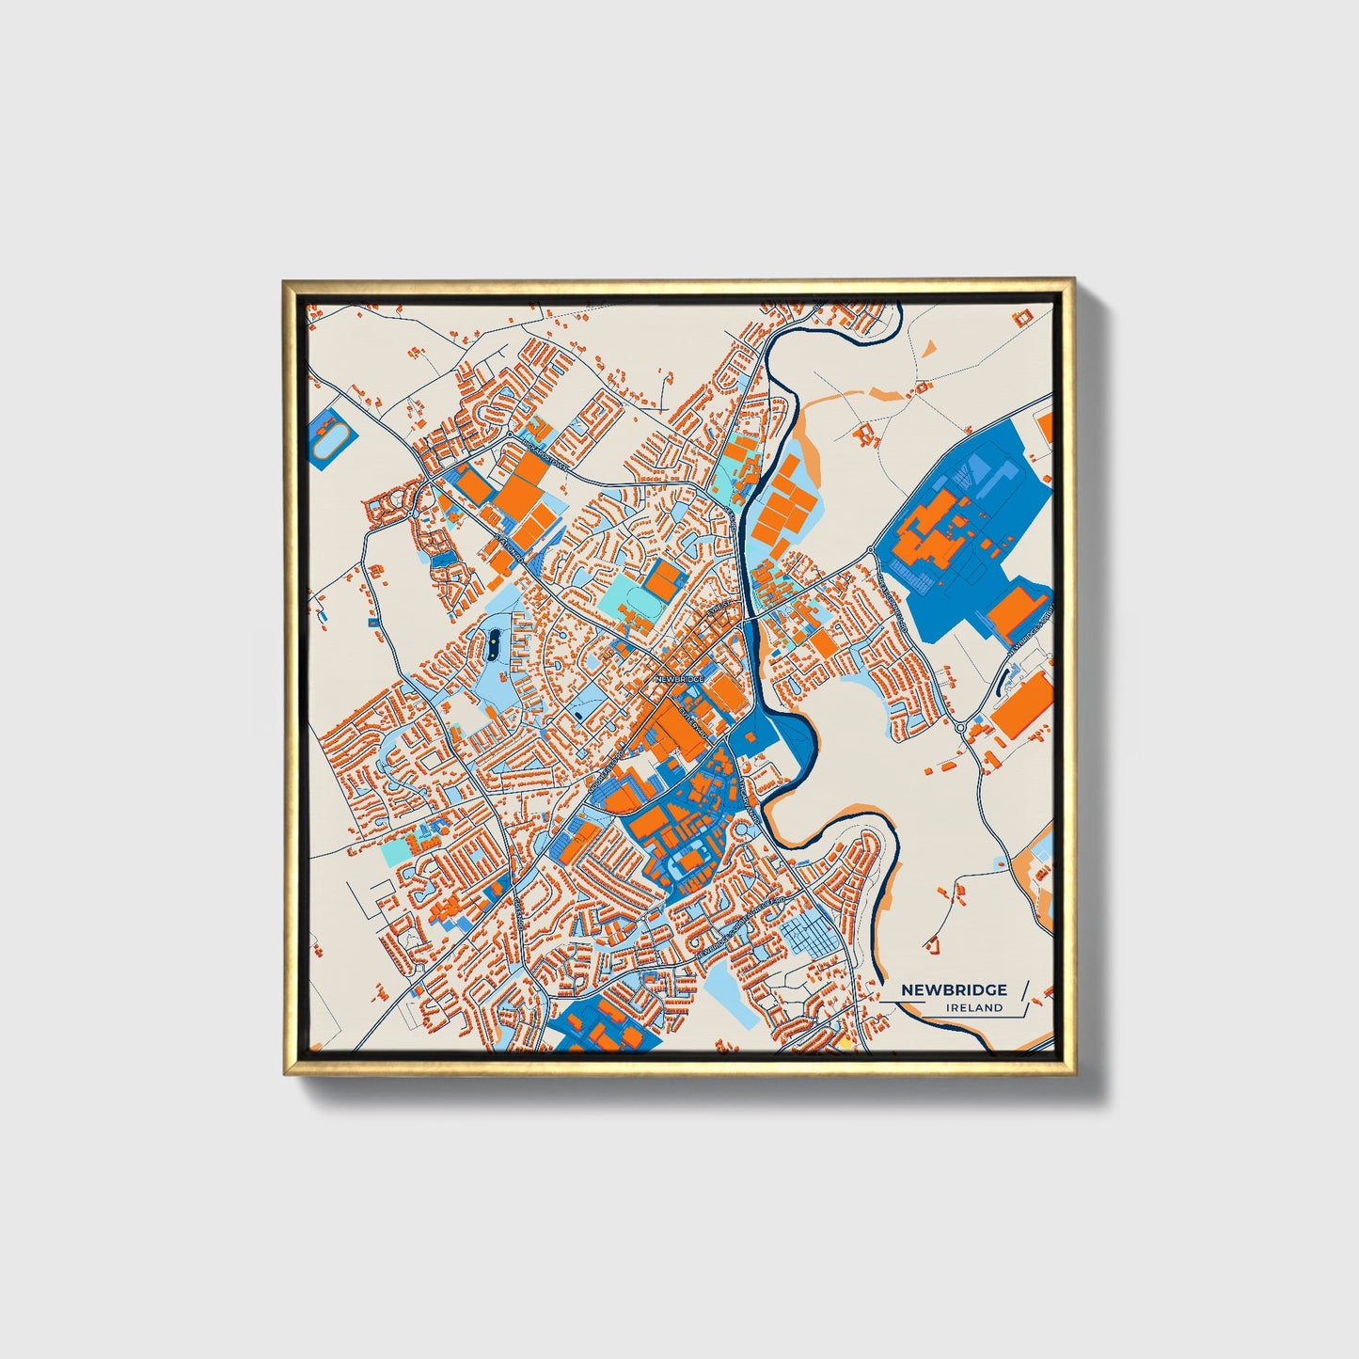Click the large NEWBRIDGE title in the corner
tap(954, 989)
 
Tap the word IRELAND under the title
tap(975, 1008)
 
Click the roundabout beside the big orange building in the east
tap(960, 727)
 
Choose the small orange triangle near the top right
tap(929, 349)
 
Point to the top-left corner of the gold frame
tap(285, 280)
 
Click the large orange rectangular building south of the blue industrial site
tap(1021, 704)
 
